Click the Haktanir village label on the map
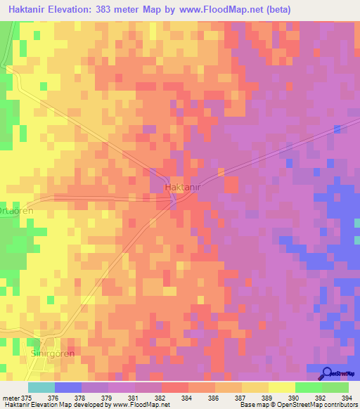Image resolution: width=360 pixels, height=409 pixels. (185, 188)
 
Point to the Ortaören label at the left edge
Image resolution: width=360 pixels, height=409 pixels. (15, 210)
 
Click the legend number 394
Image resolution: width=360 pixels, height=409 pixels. (347, 398)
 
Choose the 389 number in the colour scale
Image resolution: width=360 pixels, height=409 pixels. (267, 398)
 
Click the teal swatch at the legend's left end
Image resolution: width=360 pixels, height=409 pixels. (41, 387)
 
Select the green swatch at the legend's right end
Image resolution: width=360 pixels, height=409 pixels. (335, 387)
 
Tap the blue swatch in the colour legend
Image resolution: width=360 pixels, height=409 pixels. (68, 387)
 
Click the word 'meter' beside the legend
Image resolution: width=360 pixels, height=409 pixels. (10, 398)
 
